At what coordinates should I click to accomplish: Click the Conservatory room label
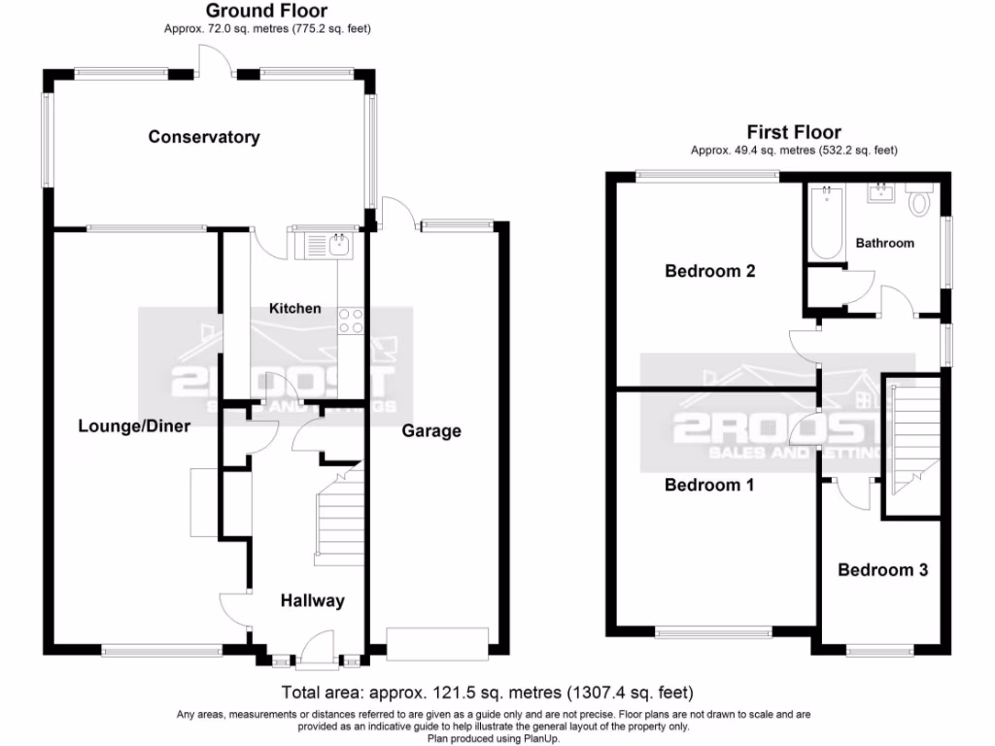pos(204,137)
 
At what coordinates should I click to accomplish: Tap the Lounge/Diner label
pos(134,425)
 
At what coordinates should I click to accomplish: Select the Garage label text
pos(431,430)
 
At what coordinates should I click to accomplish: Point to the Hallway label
pos(312,601)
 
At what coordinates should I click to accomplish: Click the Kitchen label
pos(294,308)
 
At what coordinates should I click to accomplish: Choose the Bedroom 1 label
pos(709,485)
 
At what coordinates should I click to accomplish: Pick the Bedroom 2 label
pos(710,271)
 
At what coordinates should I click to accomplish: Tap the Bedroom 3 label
pos(882,569)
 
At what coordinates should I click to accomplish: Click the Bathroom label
pos(884,243)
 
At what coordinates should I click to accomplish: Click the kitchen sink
pos(339,244)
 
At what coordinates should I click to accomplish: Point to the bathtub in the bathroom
pos(826,222)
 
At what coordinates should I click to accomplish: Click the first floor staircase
pos(911,432)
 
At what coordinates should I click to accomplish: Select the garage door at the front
pos(435,641)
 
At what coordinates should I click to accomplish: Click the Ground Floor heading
pos(267,11)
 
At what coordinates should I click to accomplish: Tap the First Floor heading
pos(793,132)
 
